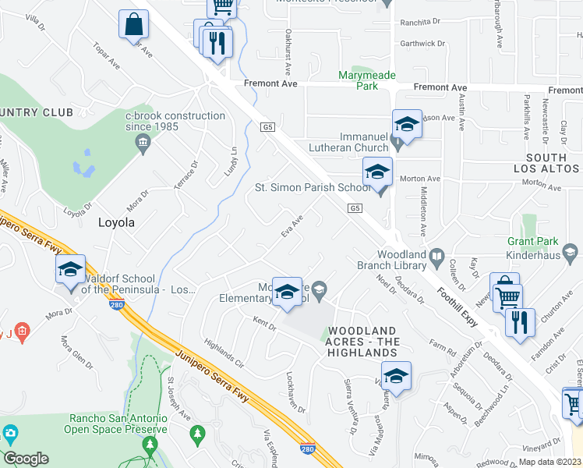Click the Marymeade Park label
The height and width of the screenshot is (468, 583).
(x=366, y=80)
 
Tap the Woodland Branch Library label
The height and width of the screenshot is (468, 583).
(x=410, y=260)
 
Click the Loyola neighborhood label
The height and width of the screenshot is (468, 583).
(x=116, y=222)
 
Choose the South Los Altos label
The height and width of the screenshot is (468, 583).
(x=546, y=163)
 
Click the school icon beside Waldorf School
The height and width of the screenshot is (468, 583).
(x=70, y=270)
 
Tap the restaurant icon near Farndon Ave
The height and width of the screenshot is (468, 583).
(x=520, y=321)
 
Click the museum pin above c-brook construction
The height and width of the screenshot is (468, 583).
(x=143, y=141)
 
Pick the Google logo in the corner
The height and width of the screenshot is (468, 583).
(x=26, y=459)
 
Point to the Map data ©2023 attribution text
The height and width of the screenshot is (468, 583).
(x=550, y=462)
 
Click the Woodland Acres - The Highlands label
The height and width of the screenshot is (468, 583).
(x=362, y=342)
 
